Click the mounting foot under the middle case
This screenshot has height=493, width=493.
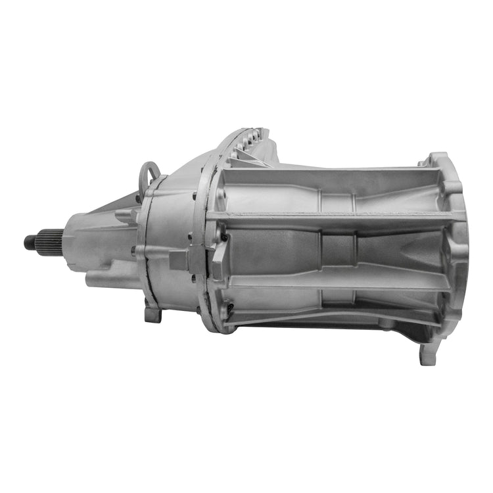pyautogui.click(x=153, y=314)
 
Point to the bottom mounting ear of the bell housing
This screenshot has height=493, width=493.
pyautogui.click(x=428, y=354)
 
